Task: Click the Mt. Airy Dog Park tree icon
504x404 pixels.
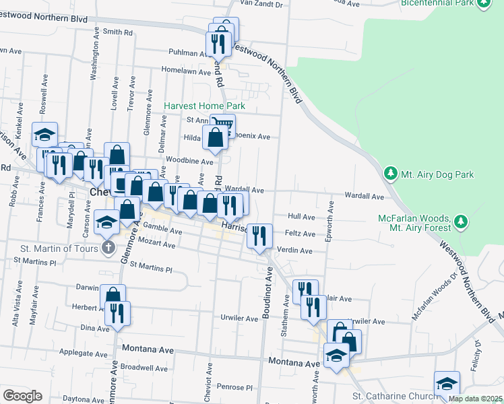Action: [x=390, y=174]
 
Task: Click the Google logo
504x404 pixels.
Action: [x=22, y=396]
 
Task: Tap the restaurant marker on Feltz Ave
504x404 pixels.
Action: [x=259, y=235]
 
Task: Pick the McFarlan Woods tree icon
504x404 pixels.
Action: [x=461, y=220]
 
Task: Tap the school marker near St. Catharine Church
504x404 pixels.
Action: [x=447, y=383]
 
